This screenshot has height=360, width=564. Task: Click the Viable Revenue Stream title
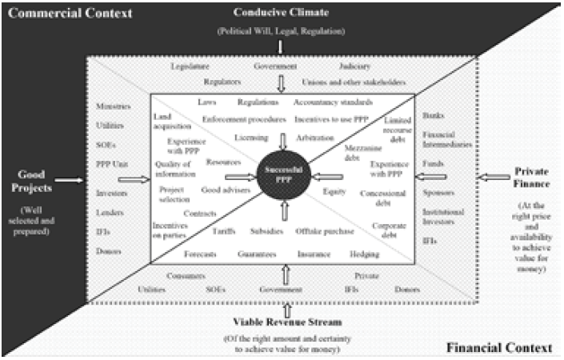pos(282,322)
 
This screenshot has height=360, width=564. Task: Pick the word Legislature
pos(190,67)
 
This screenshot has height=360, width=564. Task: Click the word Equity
pos(334,192)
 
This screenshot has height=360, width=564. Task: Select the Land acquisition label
pos(172,121)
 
